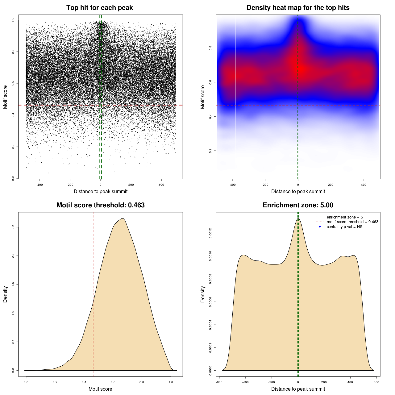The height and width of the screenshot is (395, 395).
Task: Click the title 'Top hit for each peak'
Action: click(99, 8)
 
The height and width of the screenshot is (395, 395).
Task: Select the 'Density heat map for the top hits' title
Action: click(298, 8)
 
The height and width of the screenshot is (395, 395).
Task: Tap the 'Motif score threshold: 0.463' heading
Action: click(100, 205)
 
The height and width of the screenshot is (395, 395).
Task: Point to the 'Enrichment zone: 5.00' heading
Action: click(298, 205)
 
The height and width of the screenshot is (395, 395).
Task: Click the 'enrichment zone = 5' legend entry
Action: click(345, 217)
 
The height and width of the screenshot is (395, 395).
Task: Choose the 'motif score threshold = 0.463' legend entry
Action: click(352, 222)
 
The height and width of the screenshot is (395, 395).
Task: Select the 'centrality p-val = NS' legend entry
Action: click(344, 227)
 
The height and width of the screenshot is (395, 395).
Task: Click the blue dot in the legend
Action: click(320, 227)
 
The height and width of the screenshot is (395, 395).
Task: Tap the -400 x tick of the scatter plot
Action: click(39, 185)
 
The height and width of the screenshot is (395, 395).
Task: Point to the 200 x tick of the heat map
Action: click(331, 185)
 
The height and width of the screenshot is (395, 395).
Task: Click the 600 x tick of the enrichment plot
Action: click(376, 382)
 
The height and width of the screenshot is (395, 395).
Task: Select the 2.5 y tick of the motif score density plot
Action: click(13, 227)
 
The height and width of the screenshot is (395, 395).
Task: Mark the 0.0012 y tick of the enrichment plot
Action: click(210, 233)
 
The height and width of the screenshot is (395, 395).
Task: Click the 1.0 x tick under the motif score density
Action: click(171, 382)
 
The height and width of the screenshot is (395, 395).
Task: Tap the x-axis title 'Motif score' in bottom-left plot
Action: click(100, 389)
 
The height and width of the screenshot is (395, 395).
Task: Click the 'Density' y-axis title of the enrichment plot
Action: click(203, 294)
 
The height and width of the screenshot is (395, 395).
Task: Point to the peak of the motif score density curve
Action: click(123, 218)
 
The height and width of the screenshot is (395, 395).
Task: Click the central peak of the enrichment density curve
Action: click(298, 218)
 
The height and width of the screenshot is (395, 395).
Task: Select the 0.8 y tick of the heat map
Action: click(210, 48)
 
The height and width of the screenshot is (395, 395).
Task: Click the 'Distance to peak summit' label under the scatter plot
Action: click(101, 191)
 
